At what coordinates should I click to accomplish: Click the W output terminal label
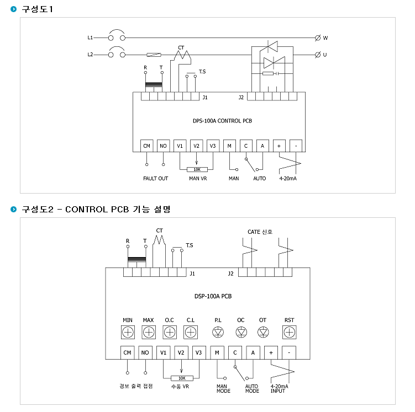coord(325,38)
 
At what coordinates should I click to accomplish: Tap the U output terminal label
coord(325,55)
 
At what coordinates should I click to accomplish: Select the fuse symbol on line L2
coord(154,55)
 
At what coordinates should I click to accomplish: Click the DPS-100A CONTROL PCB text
coord(222,121)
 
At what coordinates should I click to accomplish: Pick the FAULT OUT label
coord(156,179)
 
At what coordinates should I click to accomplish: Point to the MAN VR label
coord(198,179)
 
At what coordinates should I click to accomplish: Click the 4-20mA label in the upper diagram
coord(288,179)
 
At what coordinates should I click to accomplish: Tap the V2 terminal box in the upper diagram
coord(196,146)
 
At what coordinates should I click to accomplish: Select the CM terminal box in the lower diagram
coord(127,352)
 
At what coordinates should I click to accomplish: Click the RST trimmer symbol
coord(289,332)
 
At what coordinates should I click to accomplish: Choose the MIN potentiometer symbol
coord(128,332)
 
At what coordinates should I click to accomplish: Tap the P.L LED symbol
coord(218,332)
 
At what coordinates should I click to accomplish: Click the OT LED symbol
coord(263,332)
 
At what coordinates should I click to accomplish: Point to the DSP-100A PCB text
coord(213,296)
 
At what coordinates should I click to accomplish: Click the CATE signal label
coord(260,232)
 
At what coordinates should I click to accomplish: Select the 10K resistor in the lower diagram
coord(182,378)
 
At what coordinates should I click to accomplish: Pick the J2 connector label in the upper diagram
coord(241,98)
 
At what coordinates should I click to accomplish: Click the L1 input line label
coord(90,38)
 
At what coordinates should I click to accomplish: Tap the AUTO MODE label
coord(252,388)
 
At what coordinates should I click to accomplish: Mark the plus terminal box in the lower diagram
coord(271,352)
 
